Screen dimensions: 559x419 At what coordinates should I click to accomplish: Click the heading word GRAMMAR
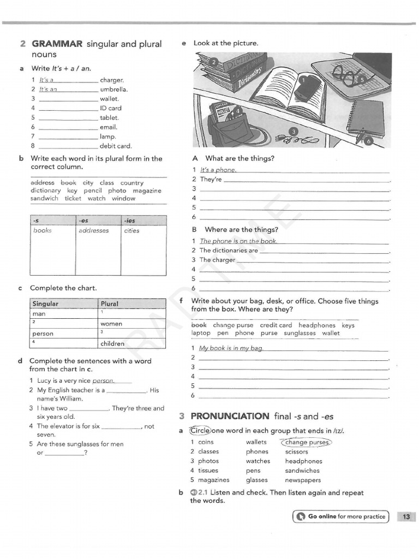[x=57, y=44]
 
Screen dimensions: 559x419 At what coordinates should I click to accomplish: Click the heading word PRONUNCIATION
[x=230, y=416]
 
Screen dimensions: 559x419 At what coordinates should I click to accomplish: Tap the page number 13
[x=406, y=516]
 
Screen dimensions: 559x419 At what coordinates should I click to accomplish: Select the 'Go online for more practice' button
[x=341, y=516]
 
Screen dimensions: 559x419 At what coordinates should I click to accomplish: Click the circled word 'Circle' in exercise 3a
[x=200, y=430]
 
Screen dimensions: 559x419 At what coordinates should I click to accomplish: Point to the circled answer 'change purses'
[x=307, y=442]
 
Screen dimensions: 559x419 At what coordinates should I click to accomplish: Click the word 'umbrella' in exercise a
[x=113, y=90]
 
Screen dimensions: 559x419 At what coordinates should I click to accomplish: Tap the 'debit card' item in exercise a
[x=116, y=146]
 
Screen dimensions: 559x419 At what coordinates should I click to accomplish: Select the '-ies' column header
[x=130, y=221]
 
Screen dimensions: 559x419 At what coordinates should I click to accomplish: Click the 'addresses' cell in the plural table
[x=94, y=231]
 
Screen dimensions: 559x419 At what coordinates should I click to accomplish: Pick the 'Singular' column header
[x=46, y=304]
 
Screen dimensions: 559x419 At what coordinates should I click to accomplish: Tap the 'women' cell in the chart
[x=111, y=324]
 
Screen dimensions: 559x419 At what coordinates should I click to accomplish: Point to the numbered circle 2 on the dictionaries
[x=214, y=62]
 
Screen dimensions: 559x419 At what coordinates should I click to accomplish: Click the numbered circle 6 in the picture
[x=368, y=141]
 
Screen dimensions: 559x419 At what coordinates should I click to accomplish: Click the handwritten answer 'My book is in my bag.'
[x=231, y=348]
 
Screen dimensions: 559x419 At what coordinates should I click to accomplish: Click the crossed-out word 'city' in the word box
[x=88, y=183]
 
